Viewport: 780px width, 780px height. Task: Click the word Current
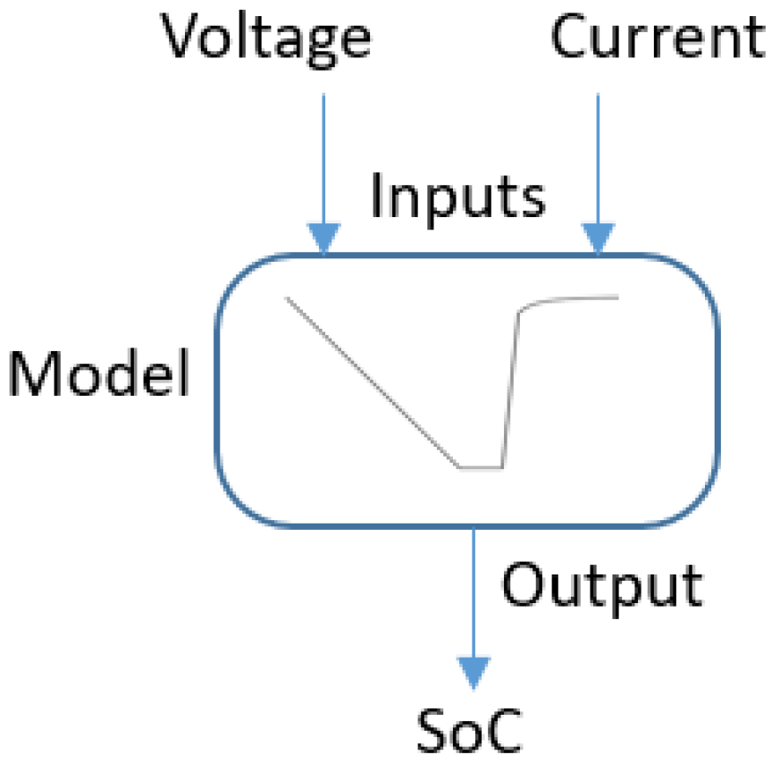(x=658, y=38)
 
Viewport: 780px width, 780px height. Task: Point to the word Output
(x=601, y=586)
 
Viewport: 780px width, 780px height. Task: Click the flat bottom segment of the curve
(x=481, y=466)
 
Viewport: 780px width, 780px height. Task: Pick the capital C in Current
(x=572, y=37)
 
